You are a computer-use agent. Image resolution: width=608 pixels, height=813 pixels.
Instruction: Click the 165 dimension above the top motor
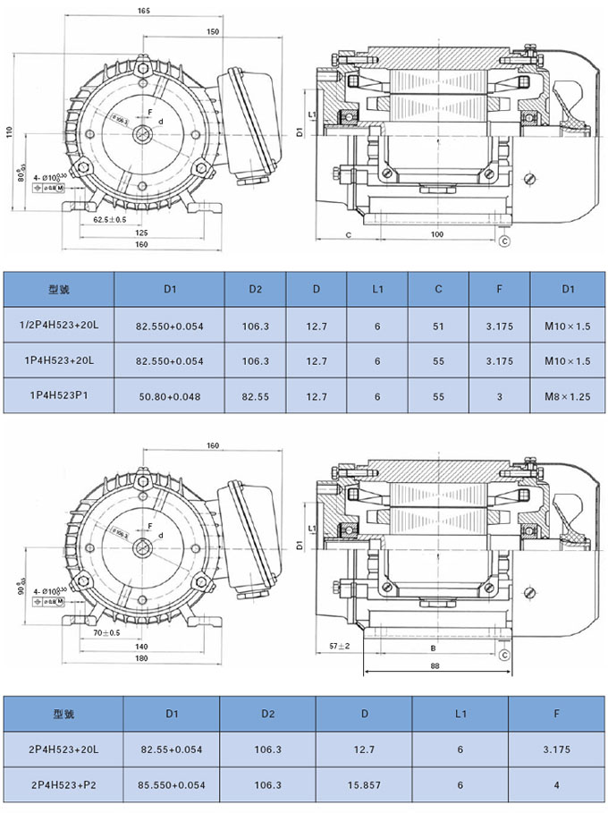[x=145, y=10]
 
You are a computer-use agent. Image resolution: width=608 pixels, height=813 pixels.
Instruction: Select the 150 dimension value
[x=211, y=31]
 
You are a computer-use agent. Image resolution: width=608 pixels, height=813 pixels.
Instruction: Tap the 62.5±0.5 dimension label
[x=110, y=219]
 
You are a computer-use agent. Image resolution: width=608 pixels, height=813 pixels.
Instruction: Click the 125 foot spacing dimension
[x=141, y=232]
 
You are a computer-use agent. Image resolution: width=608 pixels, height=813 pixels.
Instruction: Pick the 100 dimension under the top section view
[x=437, y=234]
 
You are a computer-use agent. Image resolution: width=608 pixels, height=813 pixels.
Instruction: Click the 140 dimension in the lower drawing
[x=141, y=646]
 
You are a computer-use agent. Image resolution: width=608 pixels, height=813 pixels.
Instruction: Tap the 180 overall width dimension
[x=141, y=659]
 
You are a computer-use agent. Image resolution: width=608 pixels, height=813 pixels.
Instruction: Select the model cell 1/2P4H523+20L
[x=59, y=326]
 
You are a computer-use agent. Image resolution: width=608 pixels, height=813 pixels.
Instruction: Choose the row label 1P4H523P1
[x=59, y=394]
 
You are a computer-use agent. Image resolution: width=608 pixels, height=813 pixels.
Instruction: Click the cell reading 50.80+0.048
[x=170, y=394]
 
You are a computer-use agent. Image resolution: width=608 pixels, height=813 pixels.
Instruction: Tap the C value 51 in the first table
[x=438, y=326]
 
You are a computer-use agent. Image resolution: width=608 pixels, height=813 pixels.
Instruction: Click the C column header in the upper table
[x=438, y=290]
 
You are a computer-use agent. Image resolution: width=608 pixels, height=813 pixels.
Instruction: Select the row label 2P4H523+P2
[x=63, y=784]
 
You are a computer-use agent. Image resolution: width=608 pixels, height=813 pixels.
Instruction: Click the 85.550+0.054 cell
[x=173, y=784]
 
